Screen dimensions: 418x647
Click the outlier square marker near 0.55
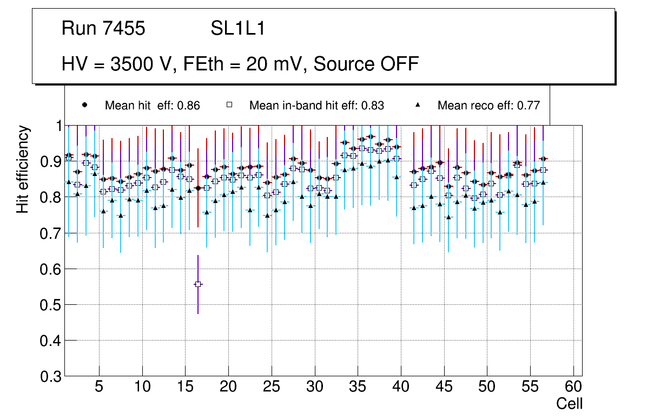[198, 284]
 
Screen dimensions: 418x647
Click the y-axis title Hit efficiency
[23, 169]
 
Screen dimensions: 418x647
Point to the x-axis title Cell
[570, 403]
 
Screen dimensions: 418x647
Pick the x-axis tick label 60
[573, 388]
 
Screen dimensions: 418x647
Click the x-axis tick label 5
[99, 388]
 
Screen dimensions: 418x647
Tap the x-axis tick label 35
[358, 388]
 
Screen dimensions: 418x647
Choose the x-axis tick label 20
[228, 388]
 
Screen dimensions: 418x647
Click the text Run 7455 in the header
[103, 29]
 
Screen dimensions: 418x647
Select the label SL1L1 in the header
[238, 29]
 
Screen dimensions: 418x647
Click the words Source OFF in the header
[366, 64]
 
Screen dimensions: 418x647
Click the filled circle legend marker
[85, 105]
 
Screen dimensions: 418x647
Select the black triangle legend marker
[418, 105]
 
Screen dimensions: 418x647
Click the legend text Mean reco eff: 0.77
[488, 106]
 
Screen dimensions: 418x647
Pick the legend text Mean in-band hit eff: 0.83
[316, 106]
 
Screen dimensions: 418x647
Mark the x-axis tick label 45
[444, 388]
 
